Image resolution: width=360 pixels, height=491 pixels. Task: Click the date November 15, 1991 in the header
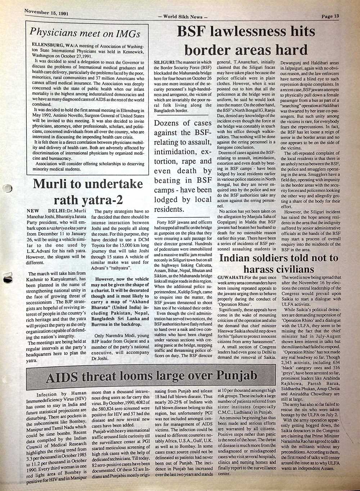pos(46,13)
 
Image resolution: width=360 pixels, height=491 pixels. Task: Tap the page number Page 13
pos(330,16)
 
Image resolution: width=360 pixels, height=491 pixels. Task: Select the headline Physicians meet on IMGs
pos(85,33)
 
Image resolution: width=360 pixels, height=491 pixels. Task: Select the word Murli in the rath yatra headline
pos(48,184)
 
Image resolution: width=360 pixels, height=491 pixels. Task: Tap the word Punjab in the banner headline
pos(238,375)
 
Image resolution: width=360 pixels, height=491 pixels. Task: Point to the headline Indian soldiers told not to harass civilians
pos(279,263)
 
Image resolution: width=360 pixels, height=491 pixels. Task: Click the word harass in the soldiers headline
pos(263,269)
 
